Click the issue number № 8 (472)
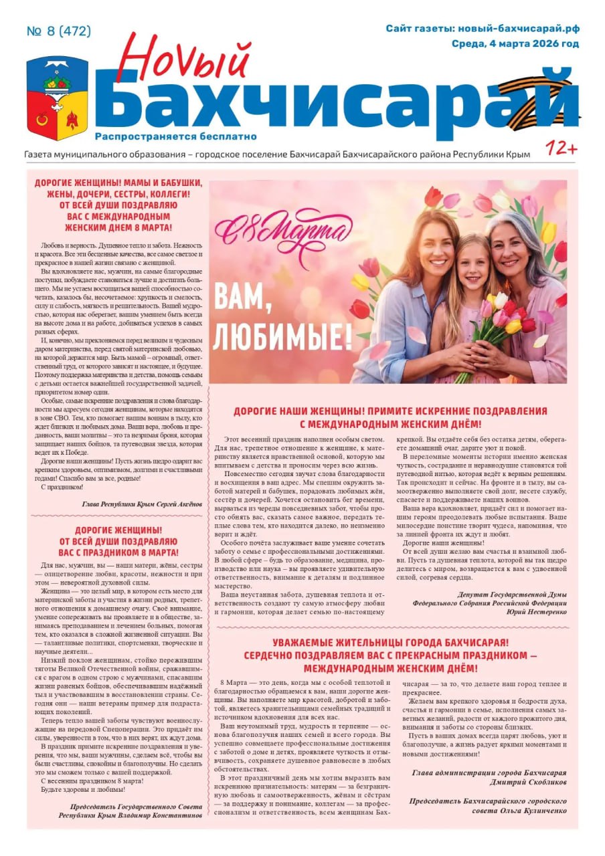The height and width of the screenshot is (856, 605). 59,31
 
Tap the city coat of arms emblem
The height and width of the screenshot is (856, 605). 58,98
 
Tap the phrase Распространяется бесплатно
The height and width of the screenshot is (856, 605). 176,136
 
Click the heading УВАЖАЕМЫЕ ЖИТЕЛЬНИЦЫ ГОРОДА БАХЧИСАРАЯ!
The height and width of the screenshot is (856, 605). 391,643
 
